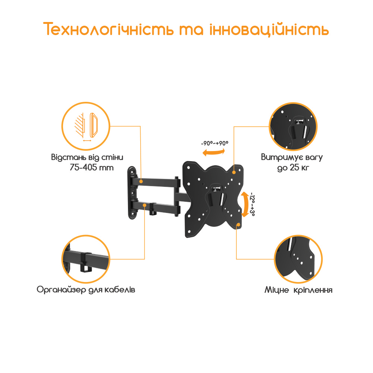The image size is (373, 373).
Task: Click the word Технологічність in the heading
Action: coord(109,29)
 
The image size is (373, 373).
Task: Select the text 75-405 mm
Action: coord(92,167)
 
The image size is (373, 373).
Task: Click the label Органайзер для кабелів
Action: coord(86,290)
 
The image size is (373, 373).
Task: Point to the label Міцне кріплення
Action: coord(298,290)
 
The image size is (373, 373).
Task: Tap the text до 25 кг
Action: coord(293,168)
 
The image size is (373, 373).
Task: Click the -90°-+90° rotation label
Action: coord(214,143)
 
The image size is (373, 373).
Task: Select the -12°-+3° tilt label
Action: coord(253,204)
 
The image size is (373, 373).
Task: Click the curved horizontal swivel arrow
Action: coord(214,153)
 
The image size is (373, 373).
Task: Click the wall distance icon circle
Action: coord(86,126)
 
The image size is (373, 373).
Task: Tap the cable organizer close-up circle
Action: coord(86,259)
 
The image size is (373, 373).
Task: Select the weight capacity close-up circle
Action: coord(293,126)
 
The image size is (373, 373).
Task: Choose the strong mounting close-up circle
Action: coord(298,259)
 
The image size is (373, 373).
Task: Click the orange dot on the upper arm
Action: coord(141,181)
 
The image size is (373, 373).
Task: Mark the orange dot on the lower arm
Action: coord(144,205)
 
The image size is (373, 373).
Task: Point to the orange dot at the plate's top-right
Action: coord(234,172)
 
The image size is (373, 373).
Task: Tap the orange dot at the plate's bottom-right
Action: coord(238,225)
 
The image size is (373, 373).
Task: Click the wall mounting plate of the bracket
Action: coord(132,193)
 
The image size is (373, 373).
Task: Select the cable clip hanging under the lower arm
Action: coord(153,209)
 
